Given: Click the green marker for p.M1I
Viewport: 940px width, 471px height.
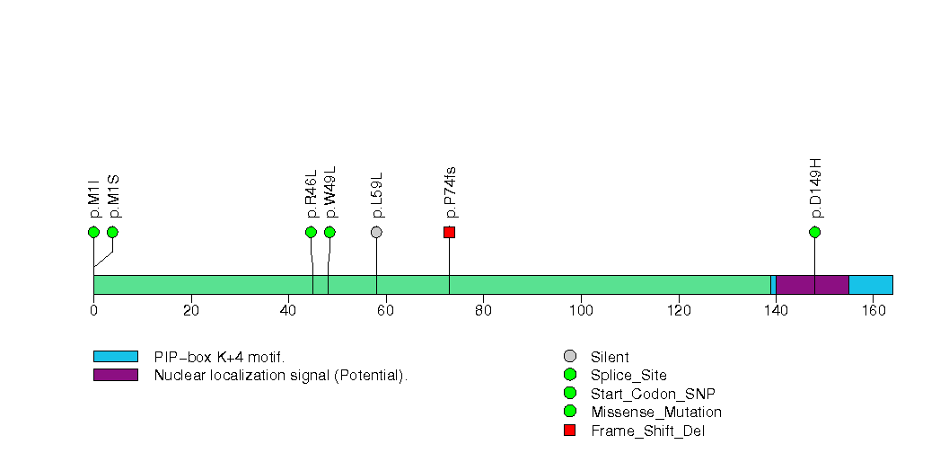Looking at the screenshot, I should pos(93,232).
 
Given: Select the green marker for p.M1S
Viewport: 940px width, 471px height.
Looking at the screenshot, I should pos(112,232).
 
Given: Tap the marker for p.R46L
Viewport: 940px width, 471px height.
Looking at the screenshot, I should pos(311,232).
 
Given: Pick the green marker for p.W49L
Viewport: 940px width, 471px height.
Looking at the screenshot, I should pos(329,232).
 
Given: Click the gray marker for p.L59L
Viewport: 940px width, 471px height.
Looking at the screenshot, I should pos(376,232).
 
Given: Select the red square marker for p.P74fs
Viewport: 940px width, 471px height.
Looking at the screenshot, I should pos(449,232).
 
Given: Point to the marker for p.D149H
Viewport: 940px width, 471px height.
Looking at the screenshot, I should pos(814,232).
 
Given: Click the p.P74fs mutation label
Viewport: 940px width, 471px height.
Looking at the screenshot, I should pos(450,192).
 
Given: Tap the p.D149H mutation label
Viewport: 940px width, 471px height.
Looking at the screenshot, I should pos(815,188).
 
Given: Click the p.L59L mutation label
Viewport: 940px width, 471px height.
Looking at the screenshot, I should pos(377,194).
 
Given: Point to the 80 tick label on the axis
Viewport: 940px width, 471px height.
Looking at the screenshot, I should pos(483,311).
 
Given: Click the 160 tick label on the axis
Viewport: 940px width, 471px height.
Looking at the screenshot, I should pos(872,311).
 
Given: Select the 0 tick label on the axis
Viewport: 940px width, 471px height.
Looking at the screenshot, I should pos(93,311).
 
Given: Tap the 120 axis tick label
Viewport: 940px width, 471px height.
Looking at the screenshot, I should pos(678,311).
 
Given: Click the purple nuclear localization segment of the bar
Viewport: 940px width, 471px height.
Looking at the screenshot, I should pos(812,285).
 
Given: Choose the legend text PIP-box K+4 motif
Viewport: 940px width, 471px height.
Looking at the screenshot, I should pos(219,357).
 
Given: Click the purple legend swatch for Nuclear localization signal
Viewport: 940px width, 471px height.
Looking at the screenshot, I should pos(115,375).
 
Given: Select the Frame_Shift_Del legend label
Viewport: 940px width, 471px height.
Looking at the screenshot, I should pos(641,431).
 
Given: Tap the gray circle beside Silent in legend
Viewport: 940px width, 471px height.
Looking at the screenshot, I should pos(569,357).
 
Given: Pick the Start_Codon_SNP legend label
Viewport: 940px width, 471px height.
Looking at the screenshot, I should pos(653,394).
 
